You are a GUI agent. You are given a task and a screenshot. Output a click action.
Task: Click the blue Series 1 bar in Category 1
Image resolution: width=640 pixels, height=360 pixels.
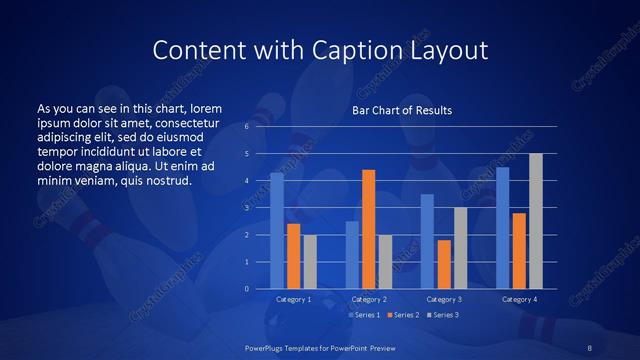(277, 231)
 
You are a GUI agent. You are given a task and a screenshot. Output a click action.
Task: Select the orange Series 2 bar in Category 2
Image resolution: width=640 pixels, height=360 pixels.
(368, 229)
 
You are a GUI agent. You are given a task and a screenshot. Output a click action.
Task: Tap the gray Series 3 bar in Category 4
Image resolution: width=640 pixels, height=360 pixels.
(535, 221)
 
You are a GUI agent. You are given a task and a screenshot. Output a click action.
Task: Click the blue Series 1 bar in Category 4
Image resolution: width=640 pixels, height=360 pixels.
(502, 228)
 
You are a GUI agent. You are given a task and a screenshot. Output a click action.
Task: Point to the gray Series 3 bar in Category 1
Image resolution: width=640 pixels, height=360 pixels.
(310, 262)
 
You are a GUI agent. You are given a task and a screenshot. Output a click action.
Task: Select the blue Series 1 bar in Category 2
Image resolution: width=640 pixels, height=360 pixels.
(352, 255)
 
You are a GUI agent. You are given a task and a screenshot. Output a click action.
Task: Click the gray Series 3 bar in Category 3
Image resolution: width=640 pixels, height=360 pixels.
(460, 248)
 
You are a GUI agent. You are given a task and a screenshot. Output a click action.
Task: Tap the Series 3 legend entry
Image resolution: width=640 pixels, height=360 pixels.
(441, 315)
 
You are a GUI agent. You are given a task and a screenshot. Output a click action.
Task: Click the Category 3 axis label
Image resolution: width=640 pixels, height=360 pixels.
(443, 299)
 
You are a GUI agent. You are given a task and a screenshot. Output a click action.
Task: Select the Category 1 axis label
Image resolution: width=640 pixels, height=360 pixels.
(293, 299)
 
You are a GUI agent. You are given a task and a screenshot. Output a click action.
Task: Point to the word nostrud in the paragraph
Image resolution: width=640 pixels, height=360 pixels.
(165, 180)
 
